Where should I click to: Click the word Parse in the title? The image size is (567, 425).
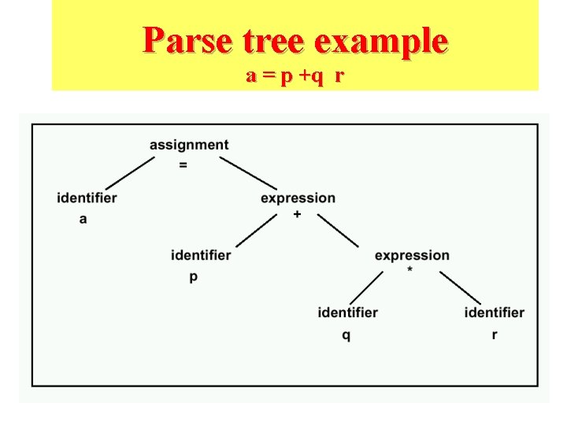point(187,40)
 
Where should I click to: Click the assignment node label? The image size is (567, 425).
point(189,145)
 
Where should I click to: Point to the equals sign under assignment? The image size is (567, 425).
point(183,165)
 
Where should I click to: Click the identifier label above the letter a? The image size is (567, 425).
point(87,198)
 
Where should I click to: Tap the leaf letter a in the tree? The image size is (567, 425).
point(83,219)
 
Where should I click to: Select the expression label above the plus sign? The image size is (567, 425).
point(298,198)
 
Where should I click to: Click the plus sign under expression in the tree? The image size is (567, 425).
point(296,214)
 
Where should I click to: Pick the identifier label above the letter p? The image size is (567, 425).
point(201,255)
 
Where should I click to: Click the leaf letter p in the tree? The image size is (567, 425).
point(194,277)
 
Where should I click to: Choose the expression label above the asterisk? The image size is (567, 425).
point(412,255)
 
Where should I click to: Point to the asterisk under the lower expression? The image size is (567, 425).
point(410,271)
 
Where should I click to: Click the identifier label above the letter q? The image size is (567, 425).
point(347,312)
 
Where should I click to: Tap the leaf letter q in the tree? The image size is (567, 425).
point(346,335)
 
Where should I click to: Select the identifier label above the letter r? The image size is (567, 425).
point(494,312)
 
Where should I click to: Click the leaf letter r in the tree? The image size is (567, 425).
point(494,335)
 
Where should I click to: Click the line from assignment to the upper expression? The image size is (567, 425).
point(248,172)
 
